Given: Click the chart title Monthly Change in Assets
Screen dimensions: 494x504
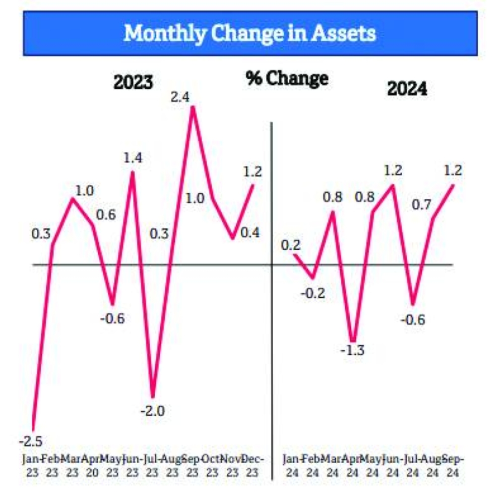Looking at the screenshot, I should [x=250, y=33].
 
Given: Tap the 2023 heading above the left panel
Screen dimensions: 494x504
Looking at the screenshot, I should [x=133, y=82].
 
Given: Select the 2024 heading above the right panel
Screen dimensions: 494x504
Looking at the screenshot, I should [x=407, y=89].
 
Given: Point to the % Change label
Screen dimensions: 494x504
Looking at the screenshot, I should [x=287, y=78].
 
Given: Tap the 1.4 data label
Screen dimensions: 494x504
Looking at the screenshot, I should [x=133, y=158].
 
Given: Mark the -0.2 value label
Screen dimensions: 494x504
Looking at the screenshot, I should [x=314, y=293].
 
